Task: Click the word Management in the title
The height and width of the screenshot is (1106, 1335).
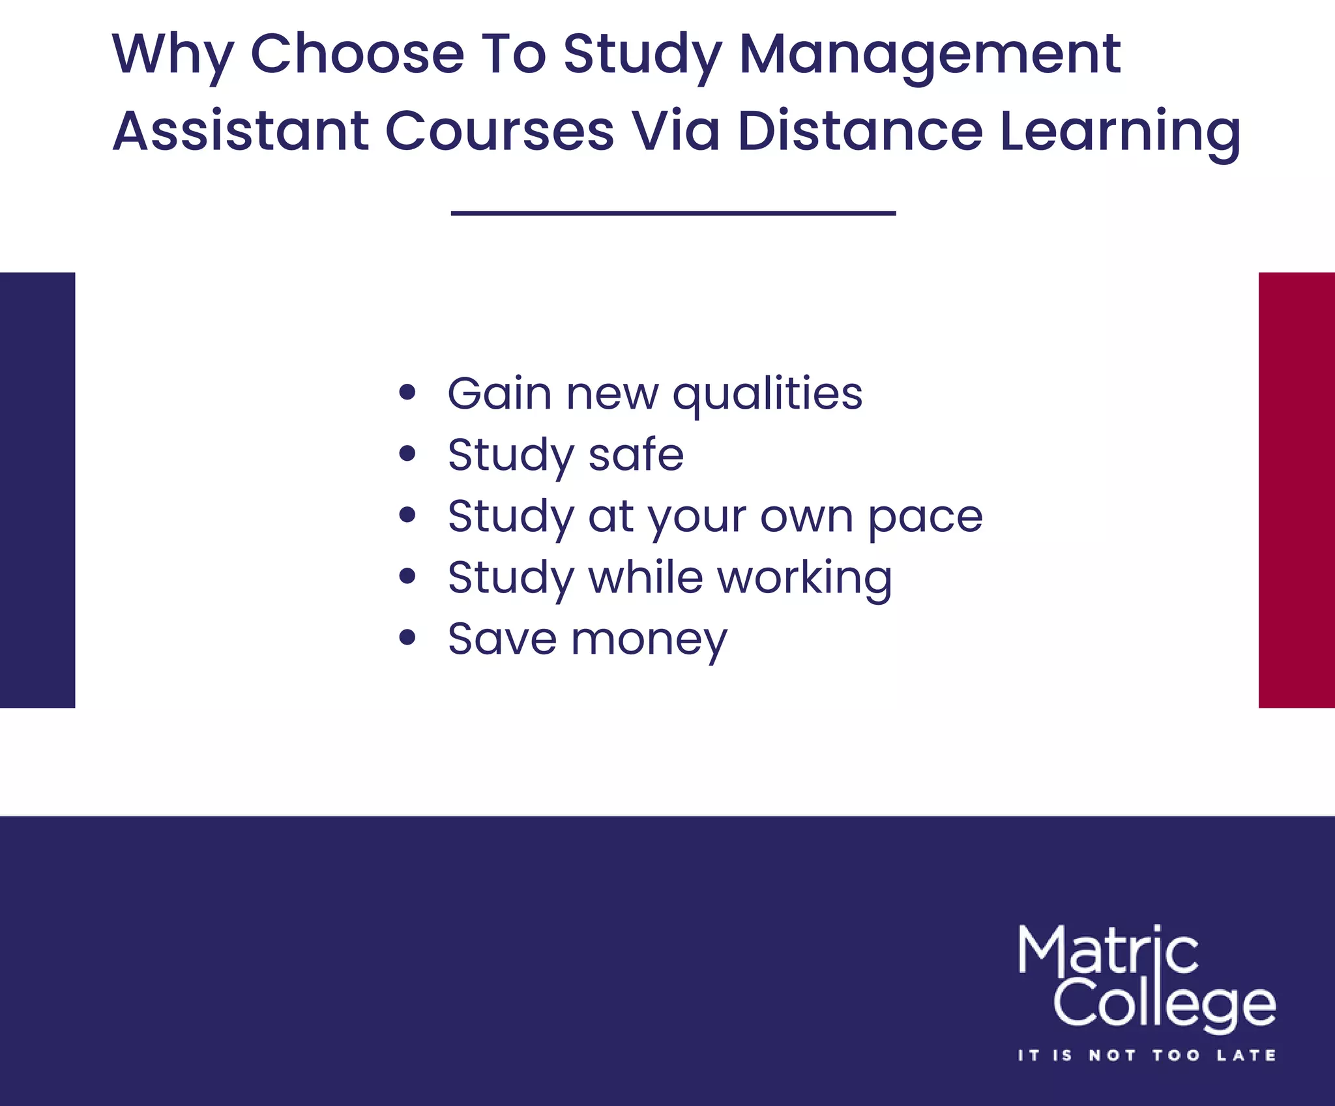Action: coord(930,55)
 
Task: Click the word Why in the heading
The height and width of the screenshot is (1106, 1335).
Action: coord(173,55)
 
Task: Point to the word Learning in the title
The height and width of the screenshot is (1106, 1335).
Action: coord(1120,132)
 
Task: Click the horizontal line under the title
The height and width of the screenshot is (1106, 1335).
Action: coord(673,213)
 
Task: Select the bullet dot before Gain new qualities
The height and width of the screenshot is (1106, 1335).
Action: coord(407,392)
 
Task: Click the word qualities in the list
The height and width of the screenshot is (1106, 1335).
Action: coord(767,394)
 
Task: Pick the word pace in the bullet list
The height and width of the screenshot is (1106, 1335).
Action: coord(925,518)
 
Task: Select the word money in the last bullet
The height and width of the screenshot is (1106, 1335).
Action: coord(649,640)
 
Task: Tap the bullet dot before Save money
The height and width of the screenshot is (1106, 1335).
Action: coord(407,637)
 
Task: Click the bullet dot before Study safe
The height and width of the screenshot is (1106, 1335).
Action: coord(407,454)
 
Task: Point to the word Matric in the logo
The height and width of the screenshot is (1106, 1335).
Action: coord(1108,951)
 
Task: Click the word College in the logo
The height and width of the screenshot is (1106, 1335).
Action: coord(1164,1005)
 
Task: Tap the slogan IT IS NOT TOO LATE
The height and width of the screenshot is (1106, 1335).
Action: coord(1147,1055)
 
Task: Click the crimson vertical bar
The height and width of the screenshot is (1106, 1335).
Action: coord(1297,489)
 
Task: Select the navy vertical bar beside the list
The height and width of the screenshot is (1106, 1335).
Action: coord(37,489)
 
